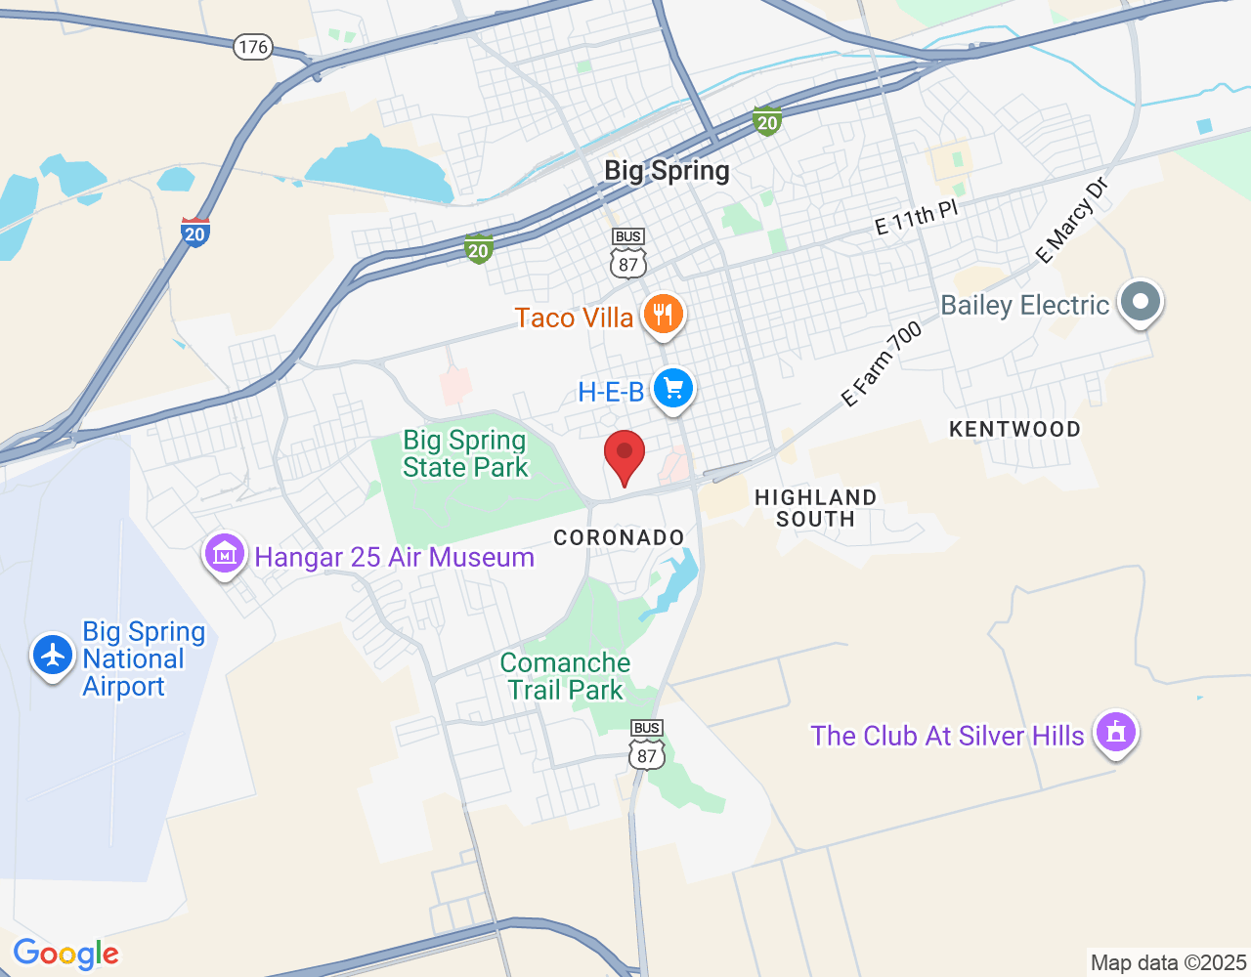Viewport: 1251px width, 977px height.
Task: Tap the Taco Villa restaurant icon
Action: click(x=664, y=315)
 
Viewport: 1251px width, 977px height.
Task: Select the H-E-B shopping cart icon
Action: click(x=672, y=389)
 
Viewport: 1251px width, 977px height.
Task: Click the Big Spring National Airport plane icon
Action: click(x=53, y=655)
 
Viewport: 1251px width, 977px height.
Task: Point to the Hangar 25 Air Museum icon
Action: click(x=225, y=555)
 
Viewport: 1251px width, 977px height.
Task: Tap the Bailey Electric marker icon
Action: click(x=1140, y=301)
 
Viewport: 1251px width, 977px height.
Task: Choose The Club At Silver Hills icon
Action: click(x=1116, y=732)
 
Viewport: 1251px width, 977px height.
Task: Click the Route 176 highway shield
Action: click(x=253, y=46)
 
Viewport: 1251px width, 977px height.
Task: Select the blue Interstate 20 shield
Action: click(x=195, y=232)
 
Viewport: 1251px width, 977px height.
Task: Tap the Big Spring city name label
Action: click(x=667, y=171)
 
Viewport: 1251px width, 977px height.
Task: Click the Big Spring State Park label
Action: click(x=465, y=454)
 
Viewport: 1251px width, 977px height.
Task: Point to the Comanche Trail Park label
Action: click(x=565, y=676)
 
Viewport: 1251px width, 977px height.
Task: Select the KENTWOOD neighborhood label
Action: click(x=1014, y=429)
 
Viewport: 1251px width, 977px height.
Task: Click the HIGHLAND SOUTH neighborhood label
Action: click(x=815, y=508)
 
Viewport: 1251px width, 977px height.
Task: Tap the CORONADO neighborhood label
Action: click(x=619, y=537)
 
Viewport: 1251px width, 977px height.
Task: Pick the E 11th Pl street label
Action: click(x=916, y=218)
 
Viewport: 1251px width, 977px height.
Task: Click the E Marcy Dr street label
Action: click(x=1072, y=221)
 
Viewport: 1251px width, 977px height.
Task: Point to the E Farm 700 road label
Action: click(x=882, y=364)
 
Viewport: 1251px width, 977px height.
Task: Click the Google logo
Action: click(x=66, y=954)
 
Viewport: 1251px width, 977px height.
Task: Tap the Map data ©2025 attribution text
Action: click(x=1168, y=962)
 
